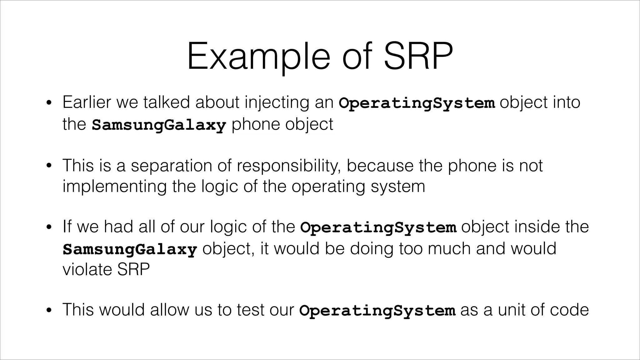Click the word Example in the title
(258, 57)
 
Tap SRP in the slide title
(418, 57)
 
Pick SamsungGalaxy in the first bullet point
(159, 125)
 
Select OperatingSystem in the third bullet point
(378, 227)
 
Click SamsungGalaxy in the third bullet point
(130, 249)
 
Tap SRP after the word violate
(133, 269)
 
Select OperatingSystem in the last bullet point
(377, 311)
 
